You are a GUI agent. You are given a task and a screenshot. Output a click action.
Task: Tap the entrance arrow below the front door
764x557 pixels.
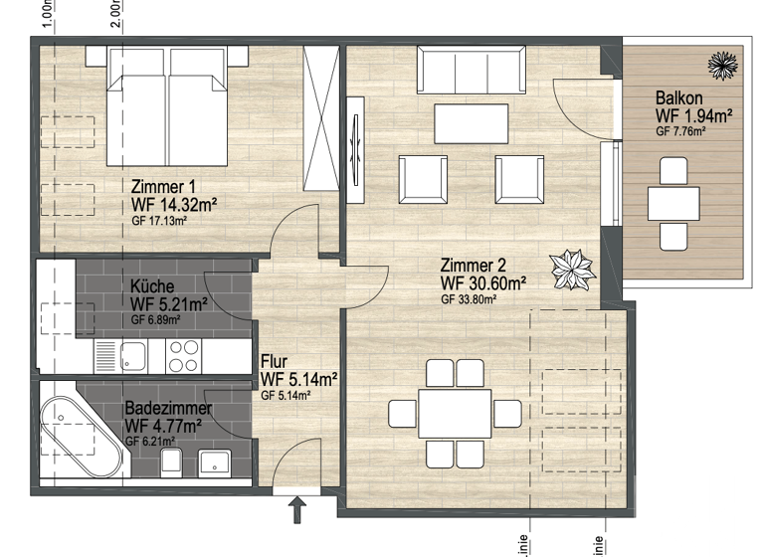296,511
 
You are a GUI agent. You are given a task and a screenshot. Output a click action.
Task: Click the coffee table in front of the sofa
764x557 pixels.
471,122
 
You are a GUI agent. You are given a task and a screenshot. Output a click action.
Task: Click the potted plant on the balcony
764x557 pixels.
721,66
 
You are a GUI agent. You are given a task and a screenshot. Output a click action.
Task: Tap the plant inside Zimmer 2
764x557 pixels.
574,267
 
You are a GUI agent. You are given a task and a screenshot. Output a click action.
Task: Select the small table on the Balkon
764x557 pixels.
673,204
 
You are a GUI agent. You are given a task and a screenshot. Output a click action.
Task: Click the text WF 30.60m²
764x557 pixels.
483,282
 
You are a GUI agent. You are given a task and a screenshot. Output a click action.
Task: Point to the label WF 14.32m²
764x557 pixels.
174,205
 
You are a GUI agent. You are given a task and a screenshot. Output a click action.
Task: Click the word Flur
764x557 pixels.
275,361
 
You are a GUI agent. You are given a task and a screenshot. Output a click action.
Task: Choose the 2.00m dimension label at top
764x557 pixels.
115,13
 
